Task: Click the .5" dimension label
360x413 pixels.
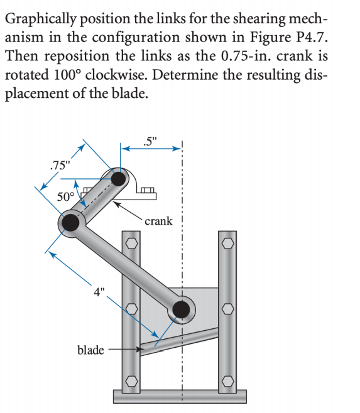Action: [x=150, y=139]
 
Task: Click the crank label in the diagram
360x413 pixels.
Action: [x=158, y=221]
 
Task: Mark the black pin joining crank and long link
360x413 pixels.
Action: [x=70, y=223]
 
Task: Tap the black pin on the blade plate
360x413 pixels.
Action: [x=181, y=309]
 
